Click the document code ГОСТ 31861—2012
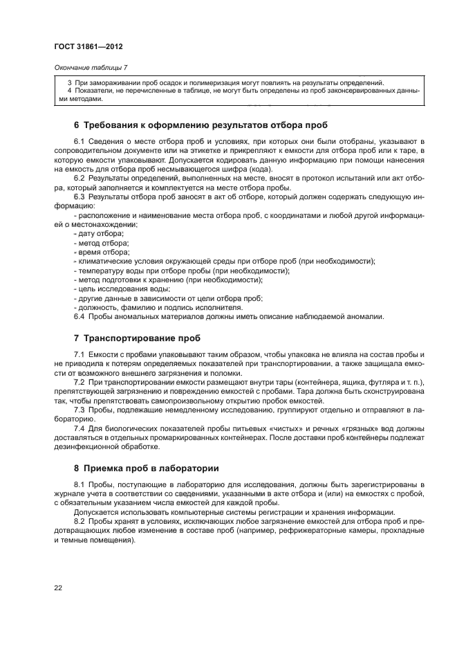click(83, 47)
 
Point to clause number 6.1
click(79, 143)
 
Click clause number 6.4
click(79, 316)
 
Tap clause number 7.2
click(79, 383)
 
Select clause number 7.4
click(79, 429)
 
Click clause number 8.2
click(79, 519)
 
